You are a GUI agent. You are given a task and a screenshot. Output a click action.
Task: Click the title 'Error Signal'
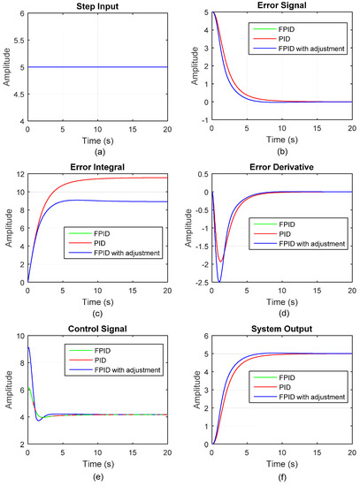click(x=281, y=5)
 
